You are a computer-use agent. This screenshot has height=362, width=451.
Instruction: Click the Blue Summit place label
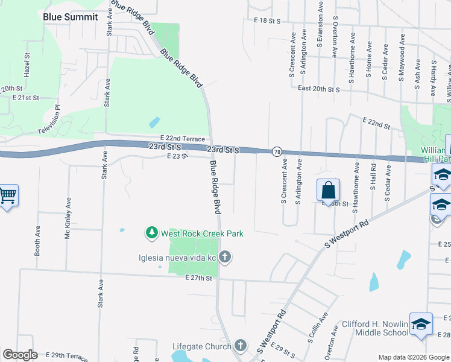click(x=70, y=17)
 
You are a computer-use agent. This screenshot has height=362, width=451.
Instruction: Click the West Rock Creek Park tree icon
click(x=151, y=232)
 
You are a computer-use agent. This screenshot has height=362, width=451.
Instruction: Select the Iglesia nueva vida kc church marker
click(x=224, y=258)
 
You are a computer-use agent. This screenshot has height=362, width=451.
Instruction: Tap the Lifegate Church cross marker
click(x=241, y=346)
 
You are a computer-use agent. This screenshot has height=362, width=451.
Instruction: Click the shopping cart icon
click(x=8, y=195)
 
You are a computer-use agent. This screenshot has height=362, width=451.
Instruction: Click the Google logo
click(x=20, y=355)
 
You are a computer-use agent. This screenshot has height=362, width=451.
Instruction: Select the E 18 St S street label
click(x=268, y=21)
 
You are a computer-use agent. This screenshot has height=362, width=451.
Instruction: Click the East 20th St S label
click(x=319, y=89)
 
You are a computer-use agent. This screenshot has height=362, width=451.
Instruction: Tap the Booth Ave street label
click(x=37, y=242)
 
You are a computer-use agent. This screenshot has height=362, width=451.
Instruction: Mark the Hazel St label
click(x=27, y=63)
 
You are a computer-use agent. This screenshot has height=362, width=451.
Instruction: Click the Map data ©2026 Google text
click(x=413, y=357)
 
